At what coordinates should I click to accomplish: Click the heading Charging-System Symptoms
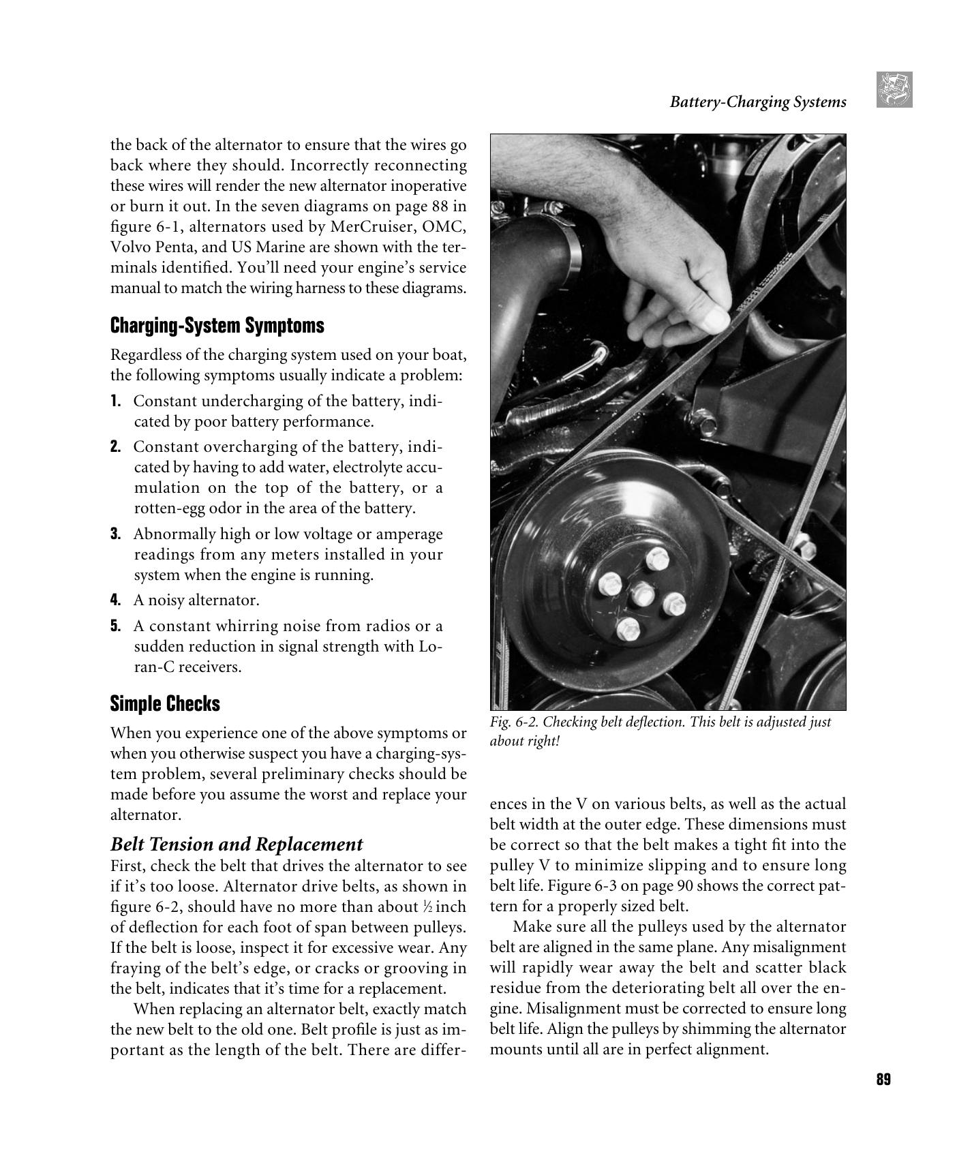pos(217,326)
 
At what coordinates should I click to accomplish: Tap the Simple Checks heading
pos(165,703)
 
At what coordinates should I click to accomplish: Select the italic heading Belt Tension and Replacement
pos(236,844)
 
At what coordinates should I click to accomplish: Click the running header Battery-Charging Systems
pos(757,102)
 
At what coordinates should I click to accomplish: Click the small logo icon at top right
pos(894,90)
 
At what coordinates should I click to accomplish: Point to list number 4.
pos(115,600)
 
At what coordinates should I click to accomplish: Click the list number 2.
pos(115,447)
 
